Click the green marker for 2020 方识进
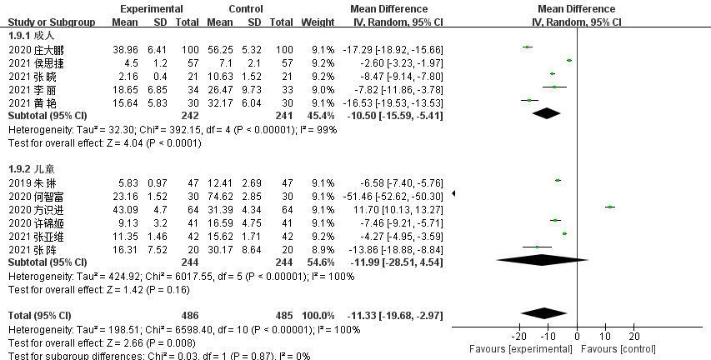pos(610,207)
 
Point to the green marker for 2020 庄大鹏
pos(527,47)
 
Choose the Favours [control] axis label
pos(618,347)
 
